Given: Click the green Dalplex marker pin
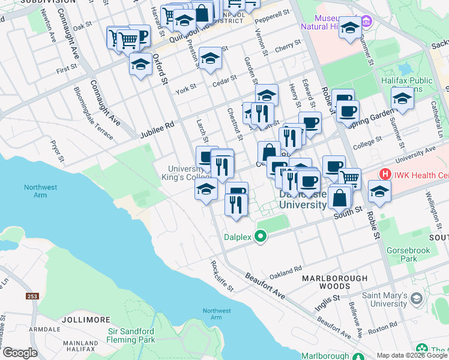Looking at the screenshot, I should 261,237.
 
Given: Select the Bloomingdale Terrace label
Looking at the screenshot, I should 93,113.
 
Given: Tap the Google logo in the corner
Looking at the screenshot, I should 19,353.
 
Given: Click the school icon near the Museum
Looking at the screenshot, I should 350,28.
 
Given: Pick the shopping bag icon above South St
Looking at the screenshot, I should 340,197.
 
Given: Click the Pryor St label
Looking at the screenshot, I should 57,152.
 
